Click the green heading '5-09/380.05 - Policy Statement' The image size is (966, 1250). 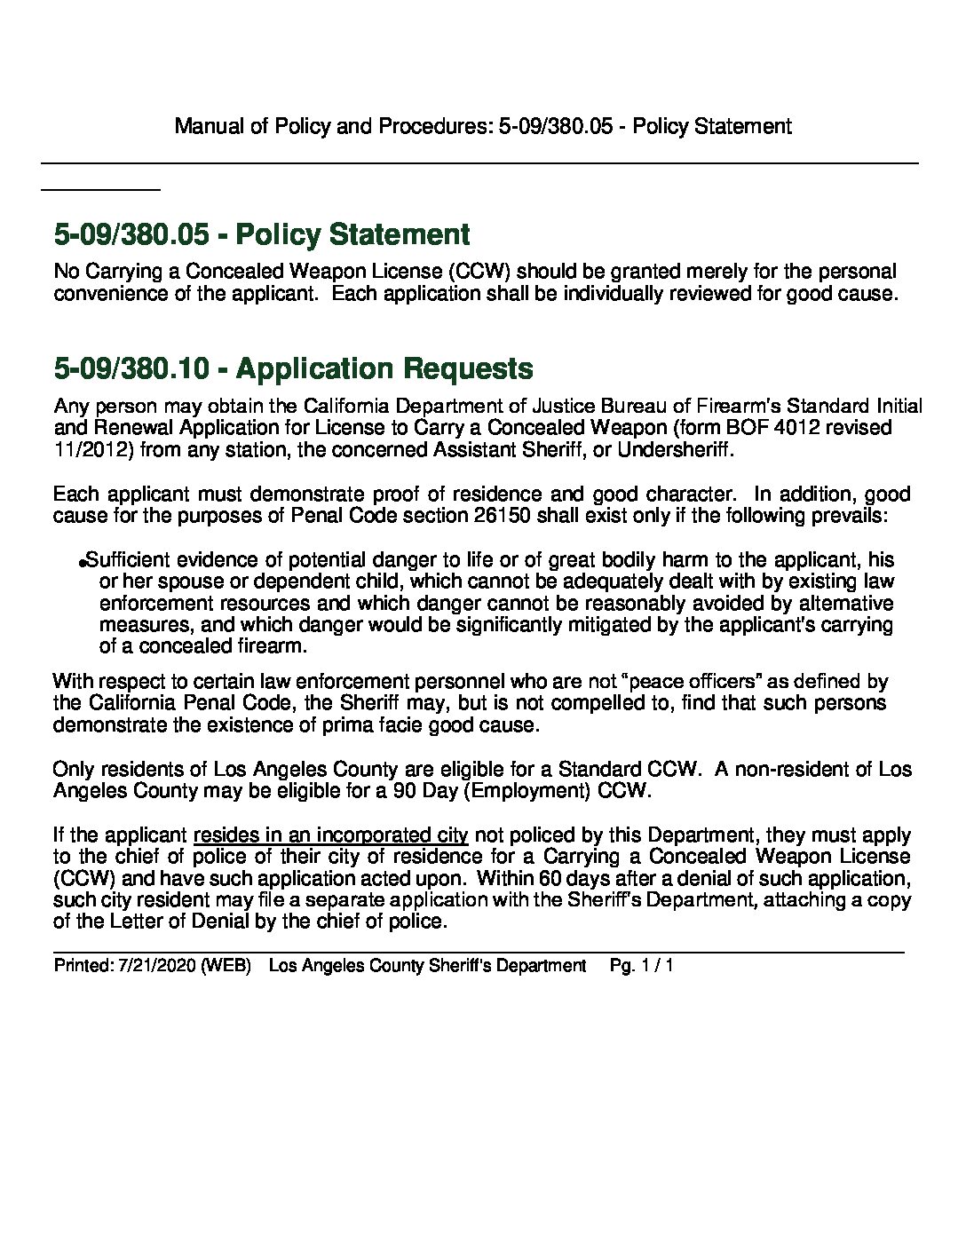pyautogui.click(x=262, y=234)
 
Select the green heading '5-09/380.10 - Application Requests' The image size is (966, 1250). pyautogui.click(x=294, y=368)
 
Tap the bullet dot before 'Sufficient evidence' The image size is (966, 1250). pyautogui.click(x=83, y=562)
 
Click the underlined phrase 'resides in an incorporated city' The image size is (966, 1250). pyautogui.click(x=330, y=835)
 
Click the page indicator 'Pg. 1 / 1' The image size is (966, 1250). pyautogui.click(x=642, y=965)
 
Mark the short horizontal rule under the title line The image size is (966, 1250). pyautogui.click(x=100, y=189)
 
